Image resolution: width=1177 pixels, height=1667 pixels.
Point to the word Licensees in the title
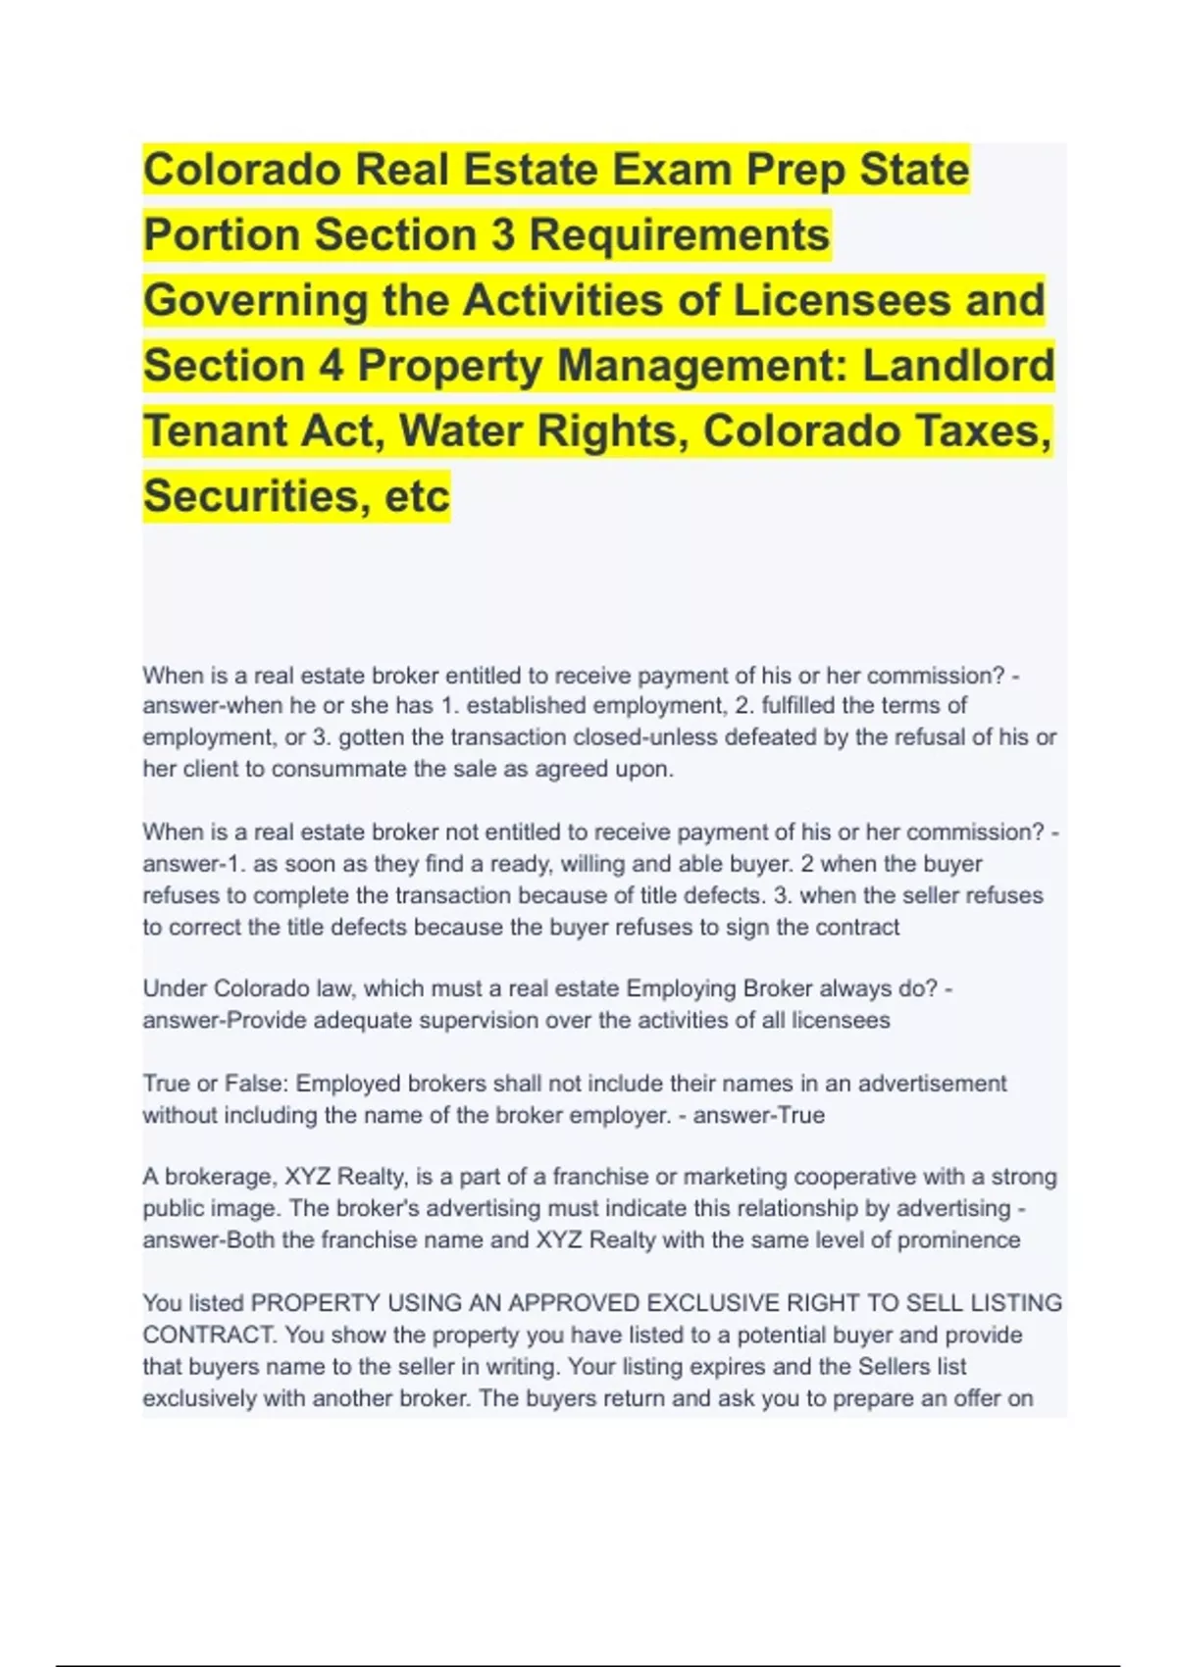click(x=843, y=300)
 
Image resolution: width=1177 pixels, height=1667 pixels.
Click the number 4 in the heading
click(x=332, y=366)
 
